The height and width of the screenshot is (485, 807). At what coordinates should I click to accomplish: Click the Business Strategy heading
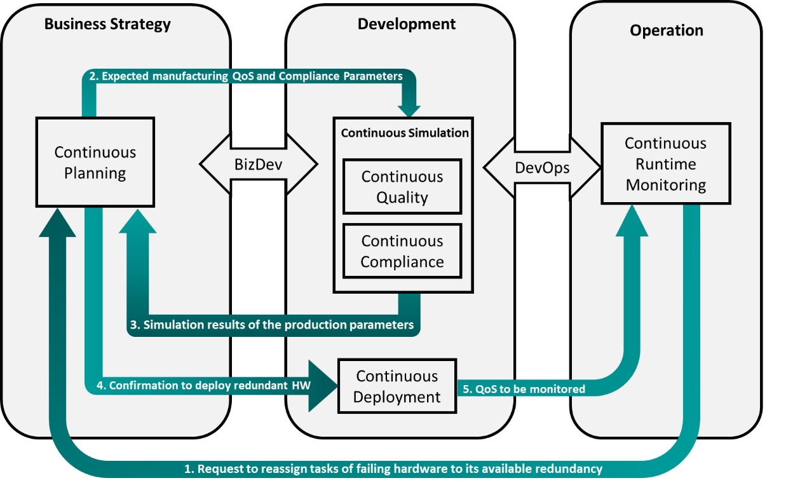107,25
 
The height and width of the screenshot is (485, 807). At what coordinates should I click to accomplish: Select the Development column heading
406,25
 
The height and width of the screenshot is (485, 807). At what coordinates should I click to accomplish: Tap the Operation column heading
666,31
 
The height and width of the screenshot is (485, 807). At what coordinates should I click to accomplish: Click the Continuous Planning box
95,162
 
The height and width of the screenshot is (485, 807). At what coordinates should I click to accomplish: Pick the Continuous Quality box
402,187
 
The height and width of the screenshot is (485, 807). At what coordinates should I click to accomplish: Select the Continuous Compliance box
402,251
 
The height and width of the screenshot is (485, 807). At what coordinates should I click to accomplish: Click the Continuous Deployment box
397,386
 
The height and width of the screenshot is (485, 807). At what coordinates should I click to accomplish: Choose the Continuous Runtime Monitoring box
665,164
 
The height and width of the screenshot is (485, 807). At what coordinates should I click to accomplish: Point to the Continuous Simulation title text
405,133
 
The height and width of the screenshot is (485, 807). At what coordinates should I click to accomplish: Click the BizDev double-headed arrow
258,165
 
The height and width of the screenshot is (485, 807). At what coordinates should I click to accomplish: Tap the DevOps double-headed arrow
541,168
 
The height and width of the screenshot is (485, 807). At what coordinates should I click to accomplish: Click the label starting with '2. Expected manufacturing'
245,76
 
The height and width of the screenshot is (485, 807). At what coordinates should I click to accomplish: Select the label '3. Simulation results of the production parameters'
272,325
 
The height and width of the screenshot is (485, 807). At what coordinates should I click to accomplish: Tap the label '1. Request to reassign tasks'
393,469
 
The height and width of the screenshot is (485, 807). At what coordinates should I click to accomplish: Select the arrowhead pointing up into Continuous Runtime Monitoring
632,221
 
